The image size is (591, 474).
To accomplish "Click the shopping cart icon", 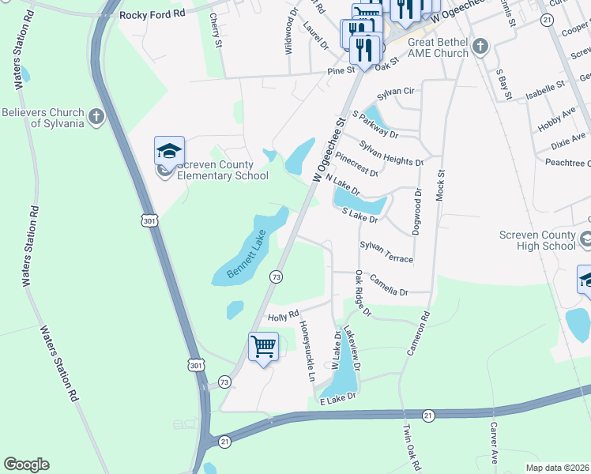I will pos(263,346).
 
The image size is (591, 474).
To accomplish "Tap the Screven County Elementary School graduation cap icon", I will pos(169,150).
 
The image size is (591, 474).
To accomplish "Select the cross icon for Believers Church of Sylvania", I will pos(96,118).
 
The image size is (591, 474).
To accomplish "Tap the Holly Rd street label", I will pos(283,316).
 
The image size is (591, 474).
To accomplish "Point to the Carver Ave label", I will pos(493,442).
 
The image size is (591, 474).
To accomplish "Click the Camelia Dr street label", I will pos(389,287).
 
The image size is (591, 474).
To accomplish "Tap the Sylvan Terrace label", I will pos(386,253).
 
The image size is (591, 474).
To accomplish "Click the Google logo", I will pos(26,465).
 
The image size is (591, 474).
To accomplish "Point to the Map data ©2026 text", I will pos(556,468).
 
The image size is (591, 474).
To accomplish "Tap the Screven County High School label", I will pos(537,240).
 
